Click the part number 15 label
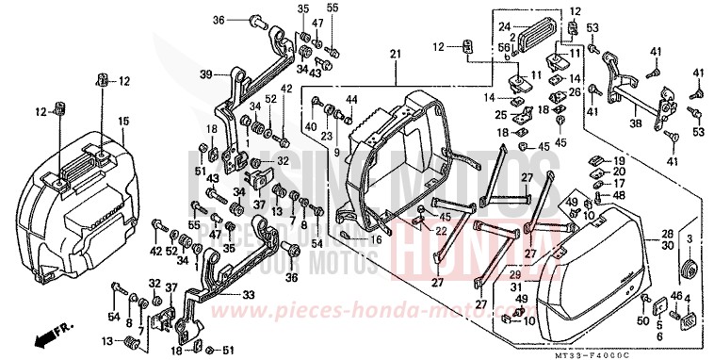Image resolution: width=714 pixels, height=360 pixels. tap(123, 121)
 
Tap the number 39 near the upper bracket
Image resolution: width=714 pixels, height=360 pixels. tap(204, 74)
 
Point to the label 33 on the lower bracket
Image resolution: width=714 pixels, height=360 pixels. tap(248, 295)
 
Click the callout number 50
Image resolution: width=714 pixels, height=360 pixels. tap(642, 321)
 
